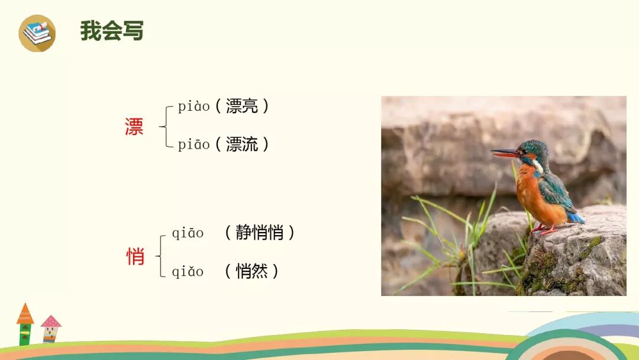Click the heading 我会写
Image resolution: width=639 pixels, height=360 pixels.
pyautogui.click(x=112, y=31)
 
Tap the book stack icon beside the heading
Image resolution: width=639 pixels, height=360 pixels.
pyautogui.click(x=37, y=33)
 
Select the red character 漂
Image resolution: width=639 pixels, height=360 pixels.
pyautogui.click(x=134, y=127)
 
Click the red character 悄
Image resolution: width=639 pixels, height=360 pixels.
pyautogui.click(x=135, y=256)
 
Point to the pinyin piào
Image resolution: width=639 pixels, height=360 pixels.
pyautogui.click(x=194, y=107)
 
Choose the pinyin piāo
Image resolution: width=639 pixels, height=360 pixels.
pyautogui.click(x=194, y=144)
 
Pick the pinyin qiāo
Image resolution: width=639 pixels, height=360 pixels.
pyautogui.click(x=188, y=234)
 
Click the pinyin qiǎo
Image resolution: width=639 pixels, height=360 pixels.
pyautogui.click(x=188, y=272)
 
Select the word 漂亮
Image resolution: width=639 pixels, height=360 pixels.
pyautogui.click(x=242, y=107)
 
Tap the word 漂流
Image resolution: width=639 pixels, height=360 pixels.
pyautogui.click(x=242, y=144)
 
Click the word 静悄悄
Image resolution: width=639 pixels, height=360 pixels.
pyautogui.click(x=259, y=233)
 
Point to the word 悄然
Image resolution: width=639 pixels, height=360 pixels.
pyautogui.click(x=251, y=271)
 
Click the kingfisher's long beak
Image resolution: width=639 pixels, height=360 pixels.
pyautogui.click(x=505, y=153)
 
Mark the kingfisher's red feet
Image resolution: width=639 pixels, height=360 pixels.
pyautogui.click(x=544, y=229)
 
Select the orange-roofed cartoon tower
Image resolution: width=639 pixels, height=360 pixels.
pyautogui.click(x=25, y=324)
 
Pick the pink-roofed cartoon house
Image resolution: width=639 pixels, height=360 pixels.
pyautogui.click(x=51, y=329)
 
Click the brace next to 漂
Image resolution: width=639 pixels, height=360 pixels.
pyautogui.click(x=166, y=126)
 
